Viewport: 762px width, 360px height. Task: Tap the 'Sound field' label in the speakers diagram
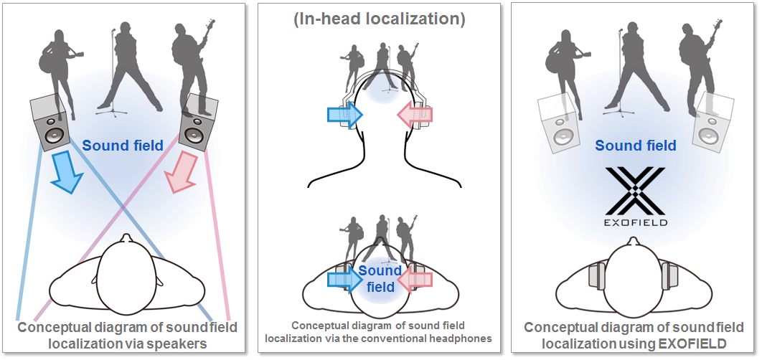(123, 146)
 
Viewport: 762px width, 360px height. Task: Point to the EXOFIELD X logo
(636, 191)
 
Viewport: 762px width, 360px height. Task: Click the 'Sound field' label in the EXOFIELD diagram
(636, 146)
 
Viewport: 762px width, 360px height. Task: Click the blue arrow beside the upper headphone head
(342, 115)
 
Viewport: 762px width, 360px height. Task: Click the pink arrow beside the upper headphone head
(415, 115)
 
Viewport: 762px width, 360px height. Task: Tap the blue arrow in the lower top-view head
(343, 280)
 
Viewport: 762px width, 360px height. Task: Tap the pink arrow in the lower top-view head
(415, 280)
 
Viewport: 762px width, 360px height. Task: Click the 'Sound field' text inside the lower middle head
(380, 279)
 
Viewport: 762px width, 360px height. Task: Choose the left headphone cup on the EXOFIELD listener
(594, 275)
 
